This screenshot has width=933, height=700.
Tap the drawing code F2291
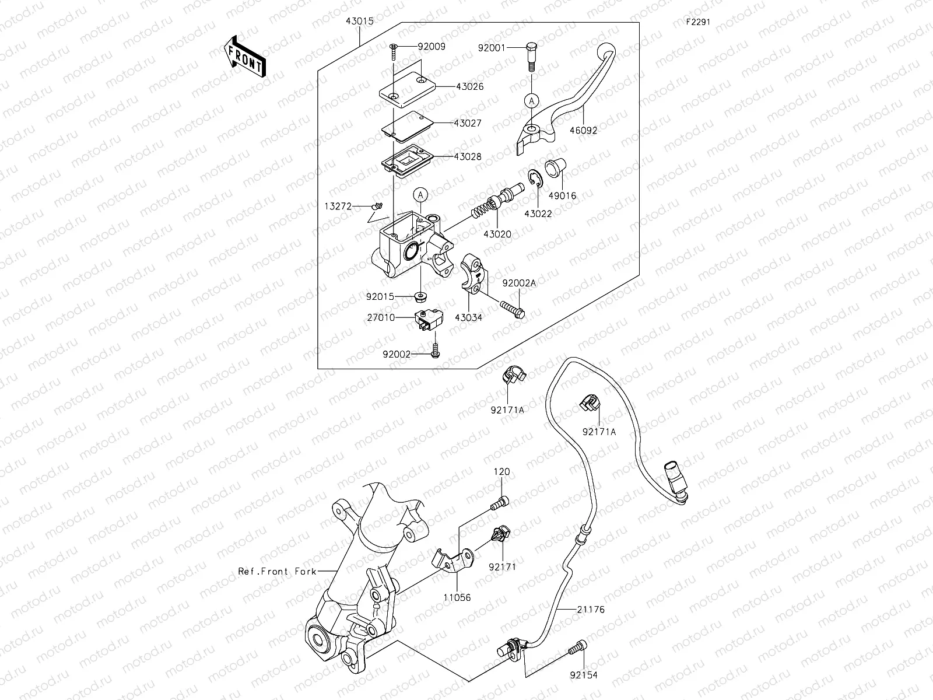(x=697, y=23)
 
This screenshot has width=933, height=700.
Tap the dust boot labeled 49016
(x=555, y=167)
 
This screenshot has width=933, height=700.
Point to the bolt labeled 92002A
(x=512, y=307)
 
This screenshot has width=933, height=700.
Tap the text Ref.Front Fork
(x=277, y=571)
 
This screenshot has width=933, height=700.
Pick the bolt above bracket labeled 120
(x=501, y=502)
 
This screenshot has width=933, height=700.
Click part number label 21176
(x=591, y=610)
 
